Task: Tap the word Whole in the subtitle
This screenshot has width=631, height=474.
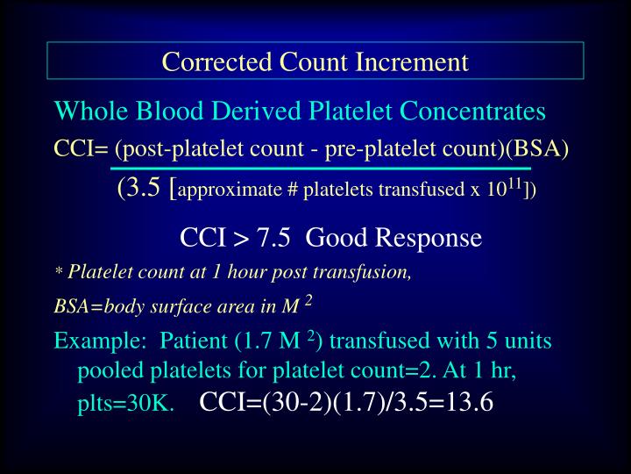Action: [85, 112]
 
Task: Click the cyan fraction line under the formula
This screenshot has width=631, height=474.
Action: [320, 167]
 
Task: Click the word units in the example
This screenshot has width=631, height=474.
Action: [528, 341]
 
